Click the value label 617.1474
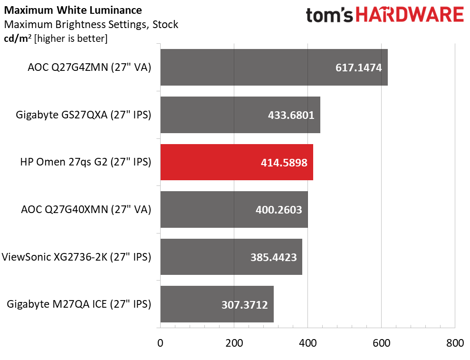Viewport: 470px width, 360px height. (x=358, y=68)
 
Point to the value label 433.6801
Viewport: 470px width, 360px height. (x=291, y=115)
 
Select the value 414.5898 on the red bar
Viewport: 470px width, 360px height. (x=284, y=163)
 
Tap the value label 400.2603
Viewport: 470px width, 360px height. (x=278, y=210)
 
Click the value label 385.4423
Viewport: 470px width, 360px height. (x=273, y=257)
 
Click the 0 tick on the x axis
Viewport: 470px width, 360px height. (x=161, y=343)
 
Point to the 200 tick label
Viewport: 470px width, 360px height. (x=234, y=343)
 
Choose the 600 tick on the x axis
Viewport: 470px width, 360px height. (x=381, y=343)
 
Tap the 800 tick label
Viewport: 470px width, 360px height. (x=455, y=343)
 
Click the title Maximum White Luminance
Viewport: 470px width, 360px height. (x=73, y=10)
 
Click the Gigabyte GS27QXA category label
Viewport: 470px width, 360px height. (x=83, y=115)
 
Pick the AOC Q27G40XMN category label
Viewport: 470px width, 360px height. (x=86, y=210)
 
